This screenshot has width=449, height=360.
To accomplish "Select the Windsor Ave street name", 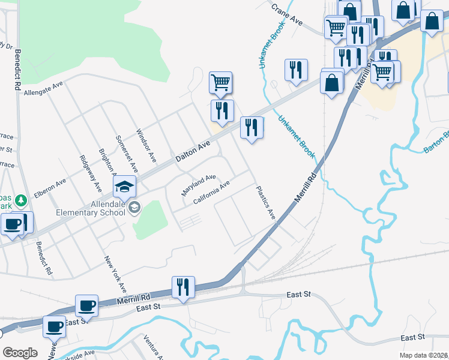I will point(146,146).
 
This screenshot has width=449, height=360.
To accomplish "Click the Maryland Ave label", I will point(199,186).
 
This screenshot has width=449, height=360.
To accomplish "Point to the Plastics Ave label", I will point(265,203).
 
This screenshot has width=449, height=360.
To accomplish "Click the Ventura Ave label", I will point(153,348).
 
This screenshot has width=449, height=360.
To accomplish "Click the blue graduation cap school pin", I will point(124,187).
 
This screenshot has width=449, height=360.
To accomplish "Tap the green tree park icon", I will point(20,199).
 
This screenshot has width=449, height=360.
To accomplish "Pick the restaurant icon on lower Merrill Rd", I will point(183,287).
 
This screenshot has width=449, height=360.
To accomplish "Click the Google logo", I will point(20,352).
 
